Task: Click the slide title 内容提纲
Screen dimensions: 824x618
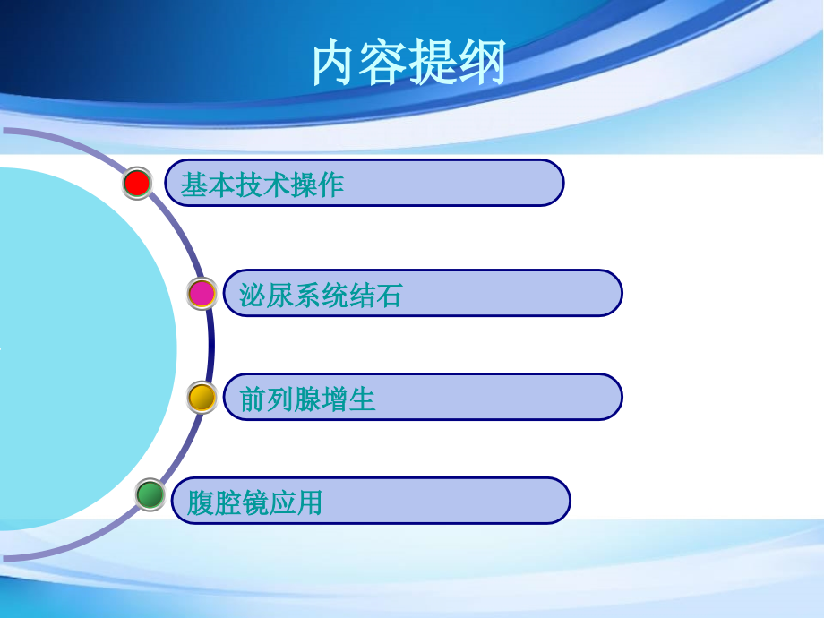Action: pyautogui.click(x=408, y=62)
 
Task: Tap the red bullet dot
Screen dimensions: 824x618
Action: pyautogui.click(x=137, y=183)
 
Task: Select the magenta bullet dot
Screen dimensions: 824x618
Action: pyautogui.click(x=202, y=293)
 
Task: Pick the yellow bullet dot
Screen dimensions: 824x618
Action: pyautogui.click(x=202, y=398)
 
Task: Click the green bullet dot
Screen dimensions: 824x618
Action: pyautogui.click(x=150, y=494)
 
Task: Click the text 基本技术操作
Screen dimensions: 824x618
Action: pyautogui.click(x=262, y=185)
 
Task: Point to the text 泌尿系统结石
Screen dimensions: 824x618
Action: pyautogui.click(x=321, y=296)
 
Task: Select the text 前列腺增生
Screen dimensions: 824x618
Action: pyautogui.click(x=307, y=399)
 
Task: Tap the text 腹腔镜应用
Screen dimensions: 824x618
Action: pyautogui.click(x=254, y=503)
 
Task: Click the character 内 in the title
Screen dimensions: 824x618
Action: pyautogui.click(x=335, y=62)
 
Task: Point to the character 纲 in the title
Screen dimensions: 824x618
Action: pyautogui.click(x=483, y=62)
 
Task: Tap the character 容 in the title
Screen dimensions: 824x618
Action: pyautogui.click(x=383, y=62)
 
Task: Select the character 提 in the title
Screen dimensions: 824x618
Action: pyautogui.click(x=433, y=62)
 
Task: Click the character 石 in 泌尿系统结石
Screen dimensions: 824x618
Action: pyautogui.click(x=389, y=296)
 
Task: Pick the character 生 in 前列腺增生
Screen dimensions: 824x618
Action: pyautogui.click(x=362, y=399)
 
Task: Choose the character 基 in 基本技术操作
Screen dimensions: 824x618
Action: pyautogui.click(x=194, y=185)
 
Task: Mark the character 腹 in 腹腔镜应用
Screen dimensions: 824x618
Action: pyautogui.click(x=201, y=503)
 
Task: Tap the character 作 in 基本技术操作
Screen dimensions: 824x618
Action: pyautogui.click(x=330, y=185)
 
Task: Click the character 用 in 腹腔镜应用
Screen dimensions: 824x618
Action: pyautogui.click(x=309, y=503)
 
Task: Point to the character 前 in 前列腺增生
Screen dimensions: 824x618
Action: pyautogui.click(x=253, y=399)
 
